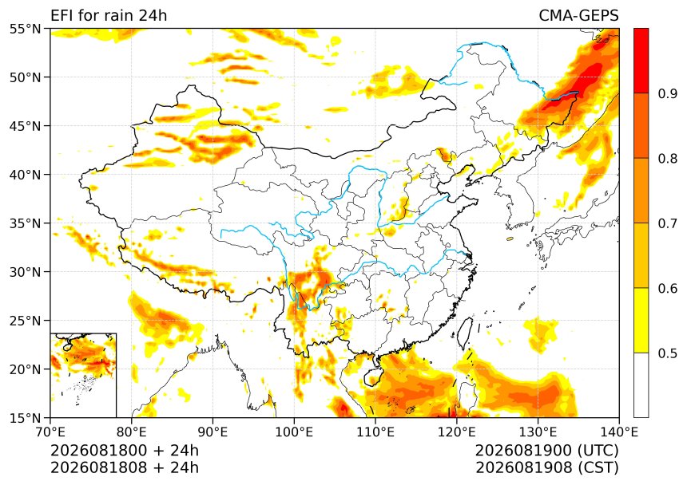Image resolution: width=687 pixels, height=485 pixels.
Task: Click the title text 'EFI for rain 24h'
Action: pos(109,15)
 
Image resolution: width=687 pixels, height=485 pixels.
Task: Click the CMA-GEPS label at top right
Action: pos(578,15)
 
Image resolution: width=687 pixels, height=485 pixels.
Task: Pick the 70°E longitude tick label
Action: pos(50,432)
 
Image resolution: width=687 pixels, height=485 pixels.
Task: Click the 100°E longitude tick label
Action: pos(294,432)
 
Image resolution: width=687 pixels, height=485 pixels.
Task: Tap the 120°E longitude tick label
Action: pos(457,432)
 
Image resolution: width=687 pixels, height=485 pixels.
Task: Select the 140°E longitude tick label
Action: pos(618,432)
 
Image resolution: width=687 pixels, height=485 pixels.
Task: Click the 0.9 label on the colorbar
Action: pos(667,93)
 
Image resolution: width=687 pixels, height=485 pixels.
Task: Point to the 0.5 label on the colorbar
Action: pos(667,353)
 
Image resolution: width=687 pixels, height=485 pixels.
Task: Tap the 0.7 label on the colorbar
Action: pos(667,223)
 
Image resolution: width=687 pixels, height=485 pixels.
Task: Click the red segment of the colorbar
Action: pos(641,61)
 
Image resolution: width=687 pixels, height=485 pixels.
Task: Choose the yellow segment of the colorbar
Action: pos(641,320)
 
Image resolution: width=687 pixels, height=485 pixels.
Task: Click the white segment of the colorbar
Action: pos(641,384)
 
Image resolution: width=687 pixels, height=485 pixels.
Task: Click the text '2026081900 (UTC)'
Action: pos(547,451)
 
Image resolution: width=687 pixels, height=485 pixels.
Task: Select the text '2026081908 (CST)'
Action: pos(547,467)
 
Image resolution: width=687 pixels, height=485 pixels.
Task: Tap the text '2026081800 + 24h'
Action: pos(125,451)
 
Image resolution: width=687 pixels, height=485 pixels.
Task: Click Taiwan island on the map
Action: pos(464,333)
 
